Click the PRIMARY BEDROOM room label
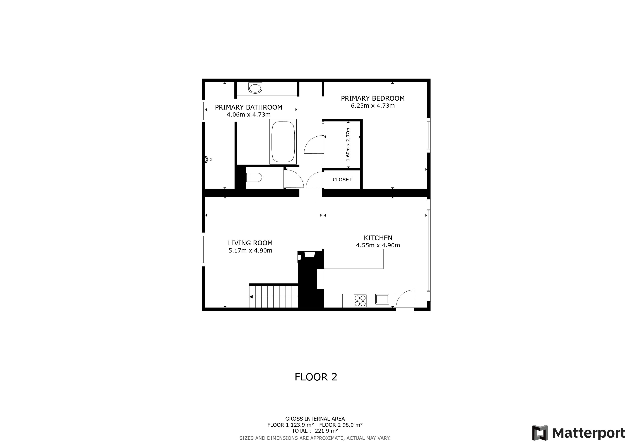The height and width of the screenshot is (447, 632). [373, 98]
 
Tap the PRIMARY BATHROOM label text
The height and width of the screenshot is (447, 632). [249, 107]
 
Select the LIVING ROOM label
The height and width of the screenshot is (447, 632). [250, 243]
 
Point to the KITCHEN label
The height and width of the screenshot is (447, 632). [378, 238]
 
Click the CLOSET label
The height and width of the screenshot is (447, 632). [342, 180]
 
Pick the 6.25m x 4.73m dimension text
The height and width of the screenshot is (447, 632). [373, 106]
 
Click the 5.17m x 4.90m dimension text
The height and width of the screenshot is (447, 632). [250, 251]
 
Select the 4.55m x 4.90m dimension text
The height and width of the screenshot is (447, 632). [378, 245]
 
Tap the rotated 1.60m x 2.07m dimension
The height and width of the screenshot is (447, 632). [348, 144]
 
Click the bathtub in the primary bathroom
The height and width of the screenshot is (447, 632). [283, 142]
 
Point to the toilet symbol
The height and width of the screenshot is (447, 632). [254, 177]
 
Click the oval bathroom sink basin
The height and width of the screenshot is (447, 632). [255, 88]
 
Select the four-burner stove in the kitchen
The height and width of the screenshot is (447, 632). [360, 301]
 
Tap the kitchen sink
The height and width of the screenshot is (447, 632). [382, 299]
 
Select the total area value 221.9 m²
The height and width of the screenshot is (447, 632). [326, 431]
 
